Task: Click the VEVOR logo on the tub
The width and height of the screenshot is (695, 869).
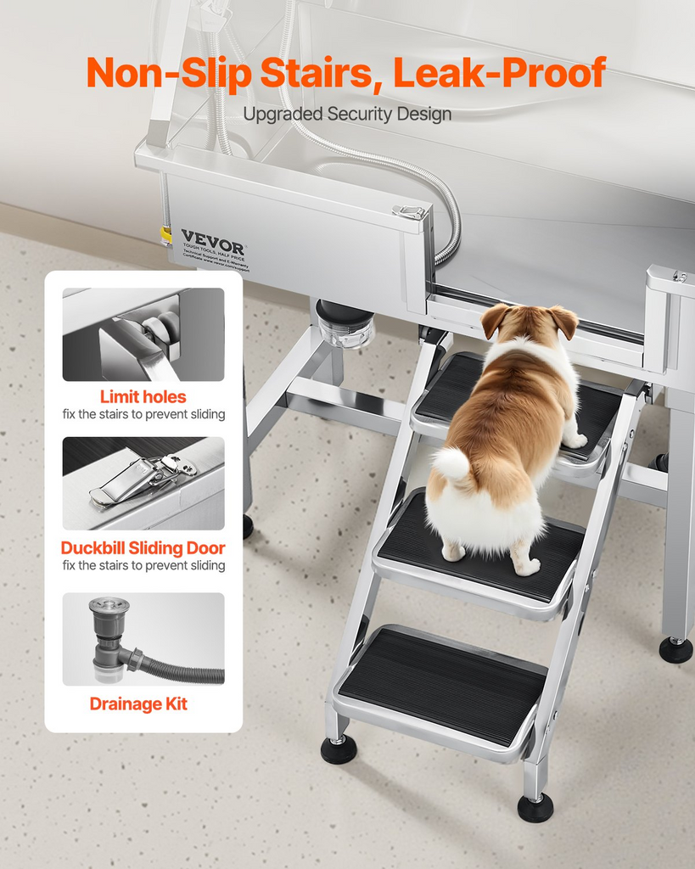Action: click(x=212, y=241)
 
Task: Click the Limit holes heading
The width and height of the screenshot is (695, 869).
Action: click(x=143, y=396)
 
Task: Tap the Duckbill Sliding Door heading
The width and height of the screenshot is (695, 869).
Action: click(x=143, y=547)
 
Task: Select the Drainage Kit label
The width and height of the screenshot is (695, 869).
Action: click(x=138, y=704)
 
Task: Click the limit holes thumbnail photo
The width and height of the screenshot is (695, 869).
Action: click(x=143, y=334)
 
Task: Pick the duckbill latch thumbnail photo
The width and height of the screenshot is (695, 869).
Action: click(x=143, y=483)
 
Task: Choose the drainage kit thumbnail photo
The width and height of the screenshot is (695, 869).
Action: click(x=143, y=638)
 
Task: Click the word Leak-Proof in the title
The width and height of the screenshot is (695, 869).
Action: click(x=500, y=73)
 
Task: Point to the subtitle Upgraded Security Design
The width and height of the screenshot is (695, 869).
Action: click(x=347, y=114)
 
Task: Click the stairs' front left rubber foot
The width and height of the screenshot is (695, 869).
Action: click(x=338, y=748)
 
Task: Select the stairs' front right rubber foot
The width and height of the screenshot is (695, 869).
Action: click(x=535, y=806)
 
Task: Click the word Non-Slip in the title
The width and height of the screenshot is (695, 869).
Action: click(x=169, y=73)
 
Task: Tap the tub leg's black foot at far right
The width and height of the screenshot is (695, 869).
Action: click(x=675, y=649)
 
